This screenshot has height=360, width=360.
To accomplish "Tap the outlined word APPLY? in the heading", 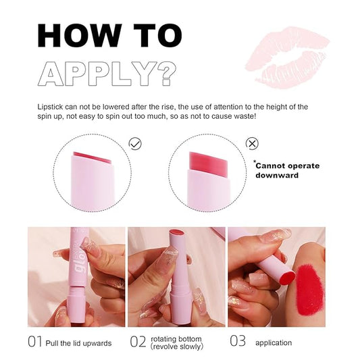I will [x=107, y=72].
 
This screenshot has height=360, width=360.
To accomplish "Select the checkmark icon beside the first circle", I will [x=135, y=144].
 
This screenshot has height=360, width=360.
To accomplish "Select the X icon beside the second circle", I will [x=251, y=143].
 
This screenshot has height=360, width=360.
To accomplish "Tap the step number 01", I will [x=36, y=342].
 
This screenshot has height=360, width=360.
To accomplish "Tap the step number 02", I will [x=138, y=342].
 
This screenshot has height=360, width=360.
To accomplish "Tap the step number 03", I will [x=238, y=342].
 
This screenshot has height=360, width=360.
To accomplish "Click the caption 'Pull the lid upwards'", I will [x=79, y=342].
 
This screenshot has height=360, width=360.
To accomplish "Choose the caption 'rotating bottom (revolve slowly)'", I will [x=176, y=342].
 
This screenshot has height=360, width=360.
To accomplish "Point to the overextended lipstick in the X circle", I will [x=206, y=162].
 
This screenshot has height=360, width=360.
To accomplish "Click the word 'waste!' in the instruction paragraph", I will [x=241, y=116].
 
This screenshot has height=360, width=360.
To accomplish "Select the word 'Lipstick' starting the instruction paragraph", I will [x=51, y=107].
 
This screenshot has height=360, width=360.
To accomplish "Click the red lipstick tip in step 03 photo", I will [x=284, y=275].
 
